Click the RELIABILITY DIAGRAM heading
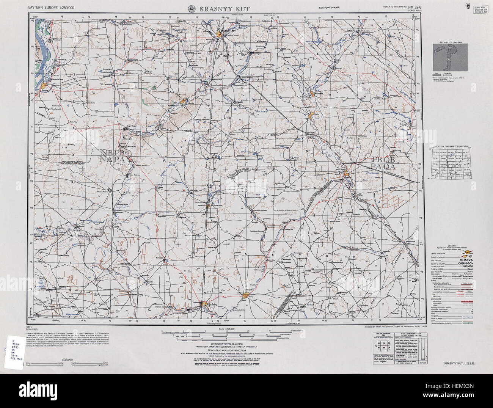[451, 42]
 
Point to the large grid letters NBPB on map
[113, 153]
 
